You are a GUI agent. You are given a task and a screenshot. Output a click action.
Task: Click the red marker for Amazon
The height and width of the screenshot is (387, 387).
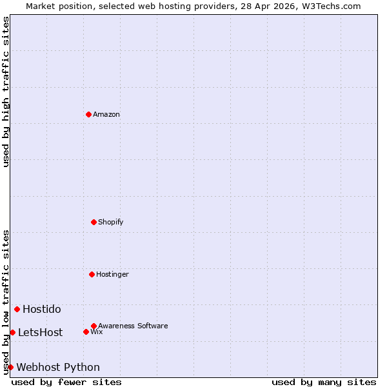coord(88,114)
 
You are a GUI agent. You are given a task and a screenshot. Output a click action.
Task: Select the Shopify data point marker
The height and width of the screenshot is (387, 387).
coord(94,222)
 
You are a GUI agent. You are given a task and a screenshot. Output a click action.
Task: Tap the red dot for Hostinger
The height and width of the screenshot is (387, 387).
coord(92,274)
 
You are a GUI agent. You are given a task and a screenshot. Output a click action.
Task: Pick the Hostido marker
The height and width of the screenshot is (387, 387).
coord(17,309)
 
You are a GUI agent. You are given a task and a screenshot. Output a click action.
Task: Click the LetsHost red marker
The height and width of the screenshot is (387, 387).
coord(12,332)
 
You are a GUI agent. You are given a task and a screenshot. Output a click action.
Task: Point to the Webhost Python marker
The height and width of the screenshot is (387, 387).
coord(10,367)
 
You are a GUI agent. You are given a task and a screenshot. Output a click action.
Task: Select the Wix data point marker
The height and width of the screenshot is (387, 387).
coord(86,332)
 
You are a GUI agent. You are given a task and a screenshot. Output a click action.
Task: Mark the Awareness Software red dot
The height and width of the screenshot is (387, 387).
coord(94,326)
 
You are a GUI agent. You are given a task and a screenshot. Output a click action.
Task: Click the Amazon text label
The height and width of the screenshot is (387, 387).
coord(106,114)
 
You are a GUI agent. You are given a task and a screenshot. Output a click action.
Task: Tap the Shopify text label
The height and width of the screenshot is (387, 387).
coord(111,222)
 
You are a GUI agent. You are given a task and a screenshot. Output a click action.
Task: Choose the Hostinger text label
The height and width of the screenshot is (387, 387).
coord(113,274)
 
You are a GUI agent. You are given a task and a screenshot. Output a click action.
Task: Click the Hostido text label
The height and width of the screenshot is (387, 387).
coord(42,309)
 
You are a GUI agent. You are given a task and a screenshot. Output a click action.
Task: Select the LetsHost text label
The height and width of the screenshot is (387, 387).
coord(41,332)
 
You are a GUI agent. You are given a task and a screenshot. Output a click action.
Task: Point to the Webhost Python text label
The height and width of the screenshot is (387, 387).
coord(58,367)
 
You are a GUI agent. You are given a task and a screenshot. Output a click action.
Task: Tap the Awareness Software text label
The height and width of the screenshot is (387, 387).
coord(133,326)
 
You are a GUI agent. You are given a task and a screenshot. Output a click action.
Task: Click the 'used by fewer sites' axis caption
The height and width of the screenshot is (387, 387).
coord(66,382)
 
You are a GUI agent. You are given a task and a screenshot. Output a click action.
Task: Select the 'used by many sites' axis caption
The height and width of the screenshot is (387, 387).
coord(324,382)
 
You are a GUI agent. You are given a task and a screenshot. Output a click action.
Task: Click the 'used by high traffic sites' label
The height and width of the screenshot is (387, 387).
coord(6,92)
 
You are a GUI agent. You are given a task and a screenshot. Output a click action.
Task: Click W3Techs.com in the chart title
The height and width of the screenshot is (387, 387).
coord(330,6)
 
